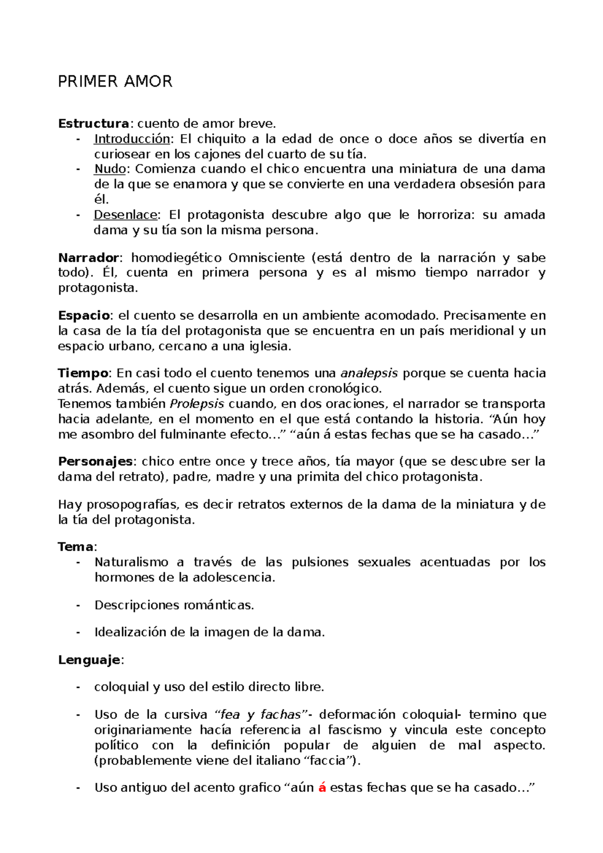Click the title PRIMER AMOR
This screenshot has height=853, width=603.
pos(115,81)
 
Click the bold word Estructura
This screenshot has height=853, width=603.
pos(93,123)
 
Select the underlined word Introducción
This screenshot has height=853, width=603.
pos(132,139)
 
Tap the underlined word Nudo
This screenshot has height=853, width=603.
pos(110,169)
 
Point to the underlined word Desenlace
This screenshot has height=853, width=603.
pos(126,215)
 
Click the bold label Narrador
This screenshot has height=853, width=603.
pos(88,258)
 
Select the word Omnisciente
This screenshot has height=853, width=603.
pos(266,258)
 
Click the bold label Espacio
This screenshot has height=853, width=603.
pos(84,315)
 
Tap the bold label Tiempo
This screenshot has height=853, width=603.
pos(83,373)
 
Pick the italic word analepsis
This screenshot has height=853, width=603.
pos(369,373)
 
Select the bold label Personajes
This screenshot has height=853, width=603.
pos(95,462)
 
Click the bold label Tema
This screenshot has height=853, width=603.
pos(75,547)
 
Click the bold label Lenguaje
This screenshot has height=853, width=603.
pos(89,660)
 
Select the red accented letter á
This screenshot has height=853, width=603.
pos(322,788)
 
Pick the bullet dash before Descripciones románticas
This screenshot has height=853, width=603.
pos(78,605)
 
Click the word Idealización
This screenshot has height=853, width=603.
pos(130,632)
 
